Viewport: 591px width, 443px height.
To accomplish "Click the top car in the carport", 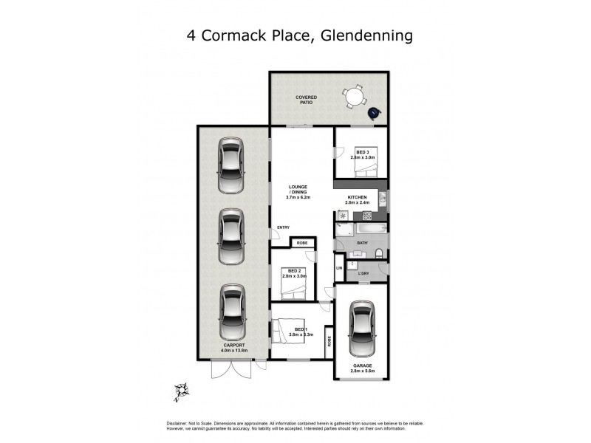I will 231,165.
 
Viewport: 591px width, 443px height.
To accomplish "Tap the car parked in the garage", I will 362,327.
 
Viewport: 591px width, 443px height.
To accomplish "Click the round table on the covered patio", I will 355,97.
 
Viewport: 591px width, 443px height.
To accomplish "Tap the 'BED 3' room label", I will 362,151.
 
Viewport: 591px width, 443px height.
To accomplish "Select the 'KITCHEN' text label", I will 358,198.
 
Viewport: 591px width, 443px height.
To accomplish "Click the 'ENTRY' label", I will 283,227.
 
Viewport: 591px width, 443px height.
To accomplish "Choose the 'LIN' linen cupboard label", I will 339,268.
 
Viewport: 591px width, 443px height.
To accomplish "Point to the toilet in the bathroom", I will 378,255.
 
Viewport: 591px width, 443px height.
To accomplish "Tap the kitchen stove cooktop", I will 342,215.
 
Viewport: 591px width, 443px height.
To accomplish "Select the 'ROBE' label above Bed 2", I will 301,242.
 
